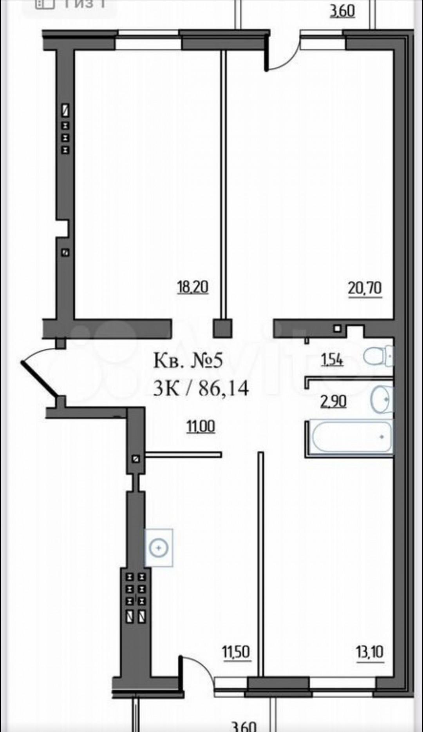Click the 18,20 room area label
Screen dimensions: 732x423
193,287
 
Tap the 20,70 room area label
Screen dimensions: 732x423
364,289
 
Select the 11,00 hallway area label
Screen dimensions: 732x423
201,426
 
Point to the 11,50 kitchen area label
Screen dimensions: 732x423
236,652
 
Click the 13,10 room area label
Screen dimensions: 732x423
369,652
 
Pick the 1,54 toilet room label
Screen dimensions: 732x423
332,359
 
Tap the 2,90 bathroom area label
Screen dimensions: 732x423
333,401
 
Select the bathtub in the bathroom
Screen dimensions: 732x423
351,436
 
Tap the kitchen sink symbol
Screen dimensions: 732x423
159,547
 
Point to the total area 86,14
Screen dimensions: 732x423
224,388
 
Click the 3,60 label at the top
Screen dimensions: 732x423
342,11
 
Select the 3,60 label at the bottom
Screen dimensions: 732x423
244,725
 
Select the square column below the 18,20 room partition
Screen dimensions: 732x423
222,328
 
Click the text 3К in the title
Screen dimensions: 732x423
164,388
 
